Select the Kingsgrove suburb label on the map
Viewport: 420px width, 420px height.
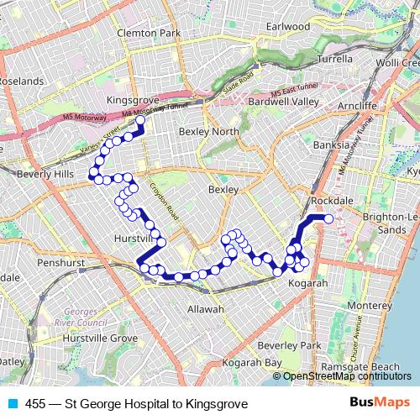(x=134, y=99)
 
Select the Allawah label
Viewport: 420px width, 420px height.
(x=206, y=310)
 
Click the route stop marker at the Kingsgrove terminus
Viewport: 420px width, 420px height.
(x=140, y=120)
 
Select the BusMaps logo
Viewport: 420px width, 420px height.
(x=380, y=404)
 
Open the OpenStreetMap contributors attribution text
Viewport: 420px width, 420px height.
(x=344, y=376)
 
